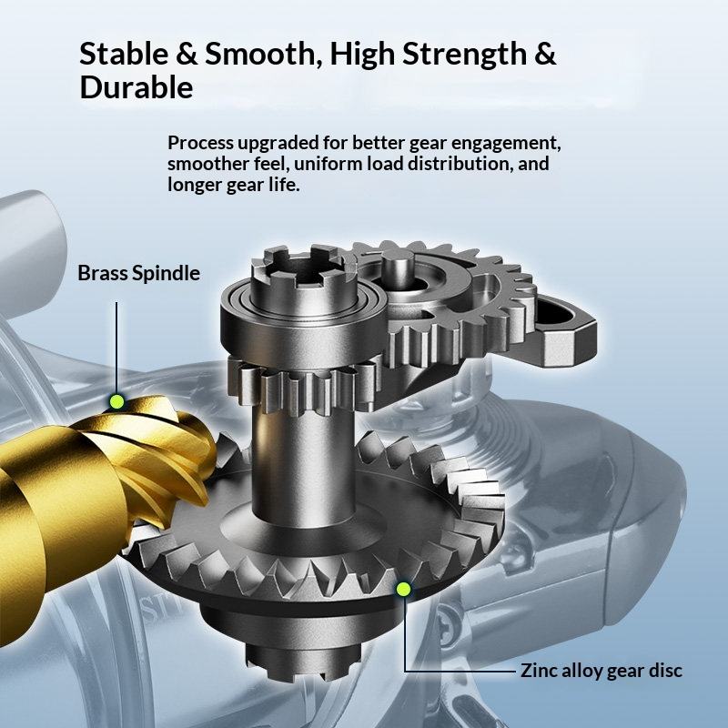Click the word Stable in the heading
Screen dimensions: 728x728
[x=124, y=54]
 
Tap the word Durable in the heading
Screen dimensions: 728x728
[x=136, y=87]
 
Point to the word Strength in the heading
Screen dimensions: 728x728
[x=464, y=55]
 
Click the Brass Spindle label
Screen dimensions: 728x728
[x=139, y=273]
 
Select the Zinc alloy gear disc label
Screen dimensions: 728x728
[x=601, y=671]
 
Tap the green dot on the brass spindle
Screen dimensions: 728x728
[x=117, y=401]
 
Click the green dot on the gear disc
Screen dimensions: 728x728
[x=403, y=589]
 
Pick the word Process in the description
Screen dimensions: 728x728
[x=200, y=143]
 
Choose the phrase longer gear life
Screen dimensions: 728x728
[x=234, y=185]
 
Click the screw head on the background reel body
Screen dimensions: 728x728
[x=448, y=627]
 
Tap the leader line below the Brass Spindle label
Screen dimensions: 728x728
[x=116, y=349]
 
